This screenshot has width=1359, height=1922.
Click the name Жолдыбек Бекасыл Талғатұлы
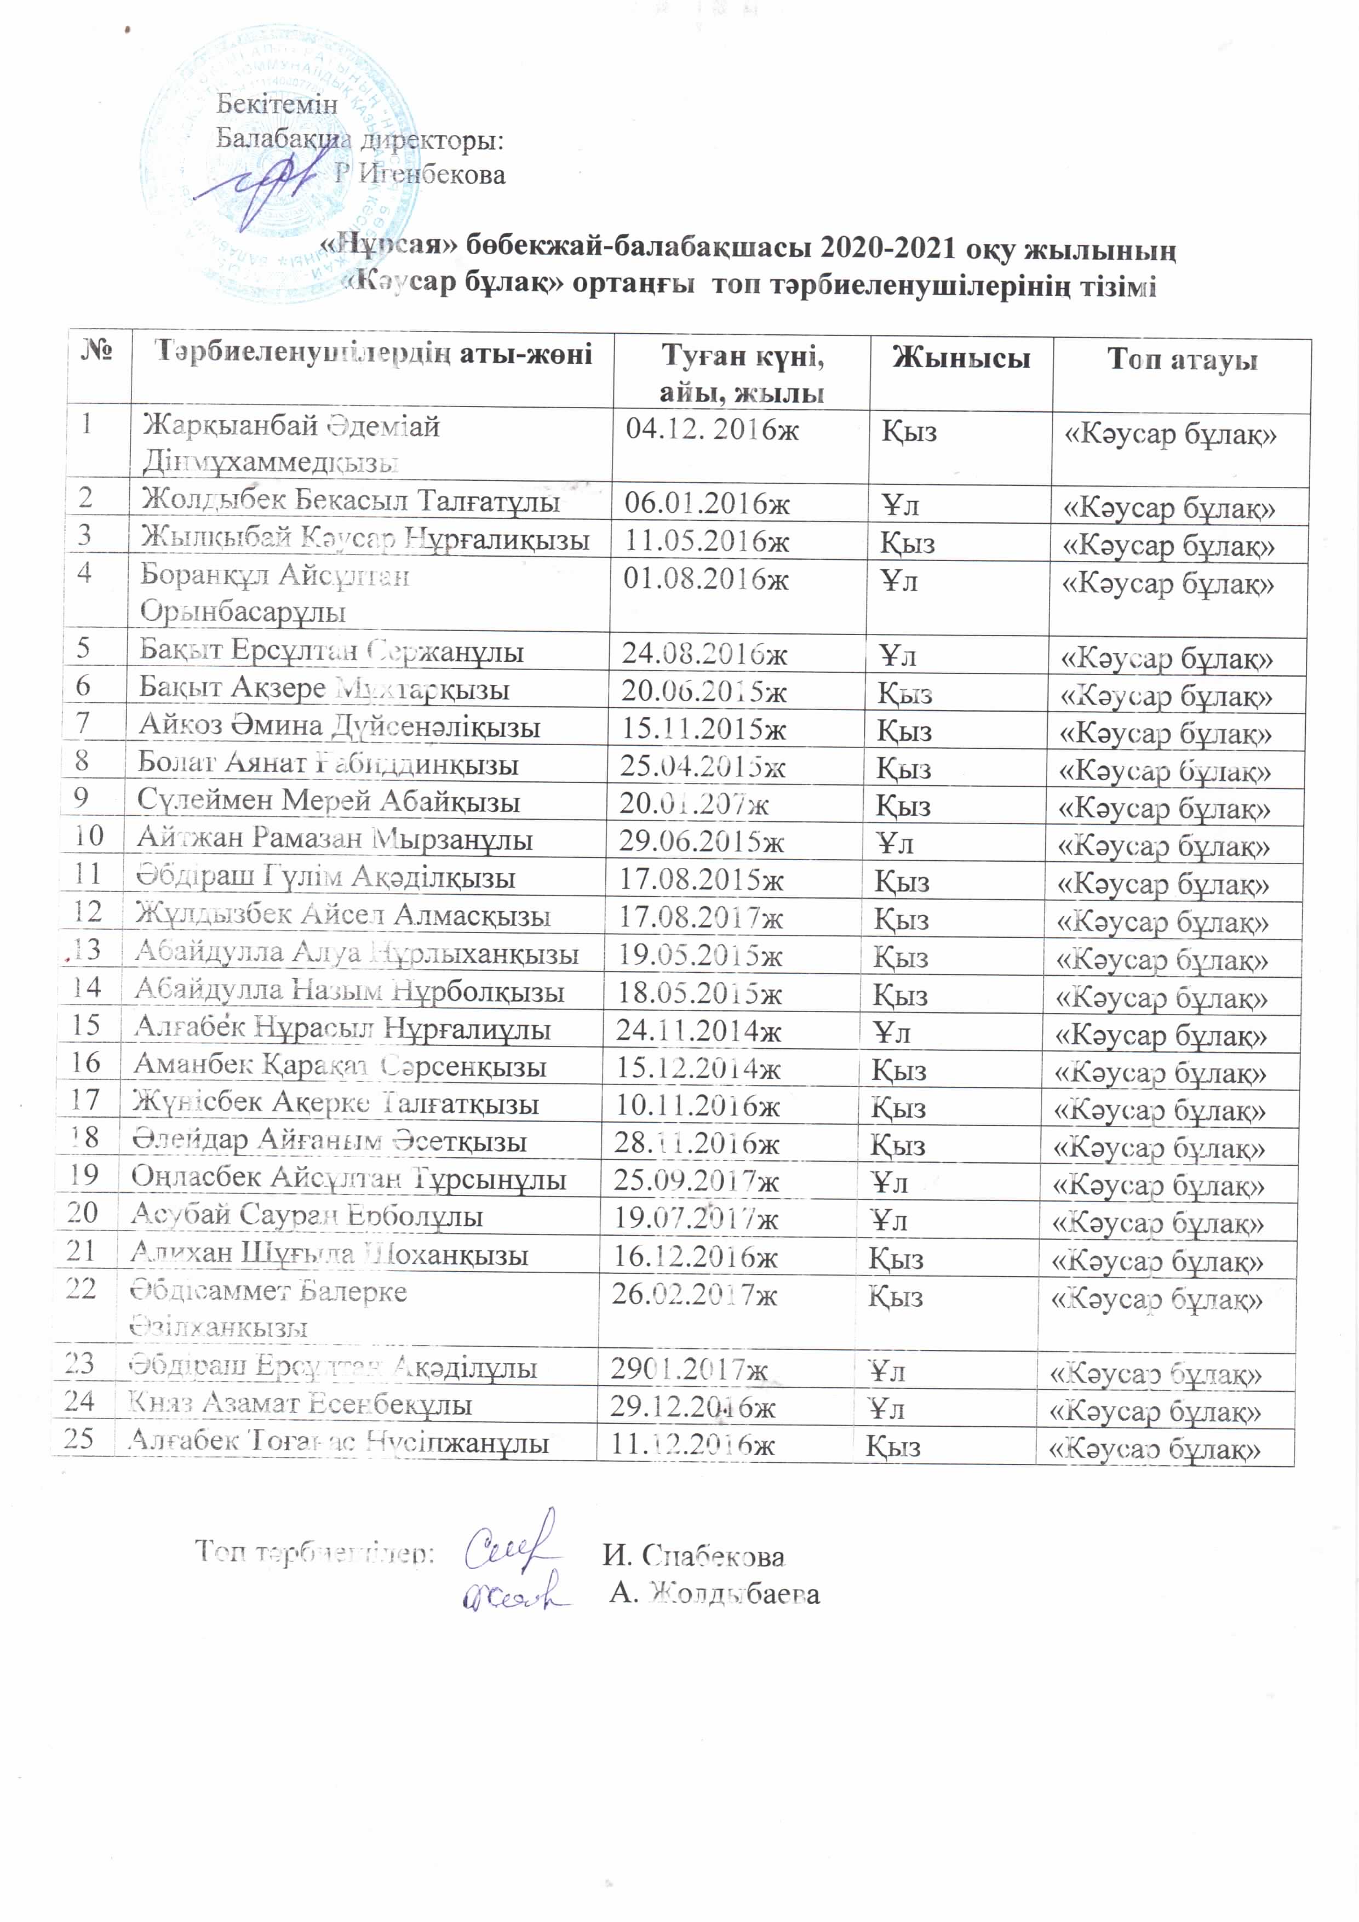point(350,501)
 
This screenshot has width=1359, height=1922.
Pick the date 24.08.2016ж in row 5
point(704,654)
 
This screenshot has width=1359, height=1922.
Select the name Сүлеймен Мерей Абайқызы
point(329,801)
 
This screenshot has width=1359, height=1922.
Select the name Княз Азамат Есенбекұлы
point(300,1403)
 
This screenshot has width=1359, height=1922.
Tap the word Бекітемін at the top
point(277,105)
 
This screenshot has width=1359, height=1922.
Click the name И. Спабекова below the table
point(693,1555)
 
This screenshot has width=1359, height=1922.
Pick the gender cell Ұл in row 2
point(901,505)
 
